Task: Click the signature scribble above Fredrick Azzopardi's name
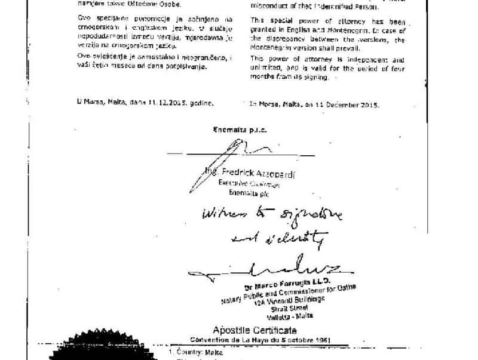point(239,152)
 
